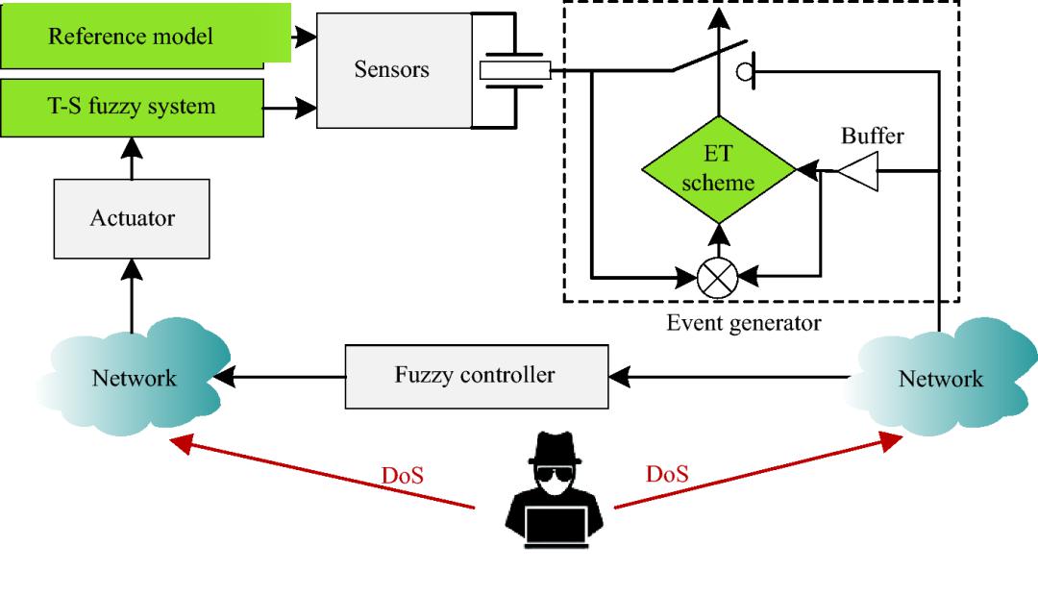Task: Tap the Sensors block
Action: tap(391, 70)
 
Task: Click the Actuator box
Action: tap(133, 218)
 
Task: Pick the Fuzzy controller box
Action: tap(475, 375)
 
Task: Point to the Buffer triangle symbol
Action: tap(853, 171)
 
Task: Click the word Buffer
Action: tap(873, 137)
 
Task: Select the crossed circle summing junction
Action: tap(718, 277)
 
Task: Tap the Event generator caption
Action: tap(744, 323)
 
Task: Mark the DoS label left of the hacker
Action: tap(404, 474)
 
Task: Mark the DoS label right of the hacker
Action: tap(667, 474)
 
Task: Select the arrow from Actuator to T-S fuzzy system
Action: tap(132, 153)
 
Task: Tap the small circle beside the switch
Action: tap(744, 70)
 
